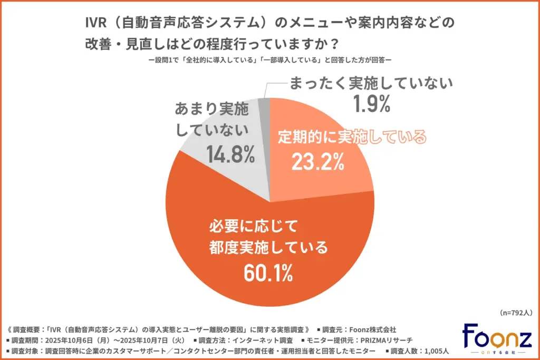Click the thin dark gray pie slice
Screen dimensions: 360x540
[264, 106]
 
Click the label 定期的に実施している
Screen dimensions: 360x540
[351, 138]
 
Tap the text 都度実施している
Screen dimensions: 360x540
[268, 248]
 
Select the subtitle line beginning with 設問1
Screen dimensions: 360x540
[269, 60]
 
